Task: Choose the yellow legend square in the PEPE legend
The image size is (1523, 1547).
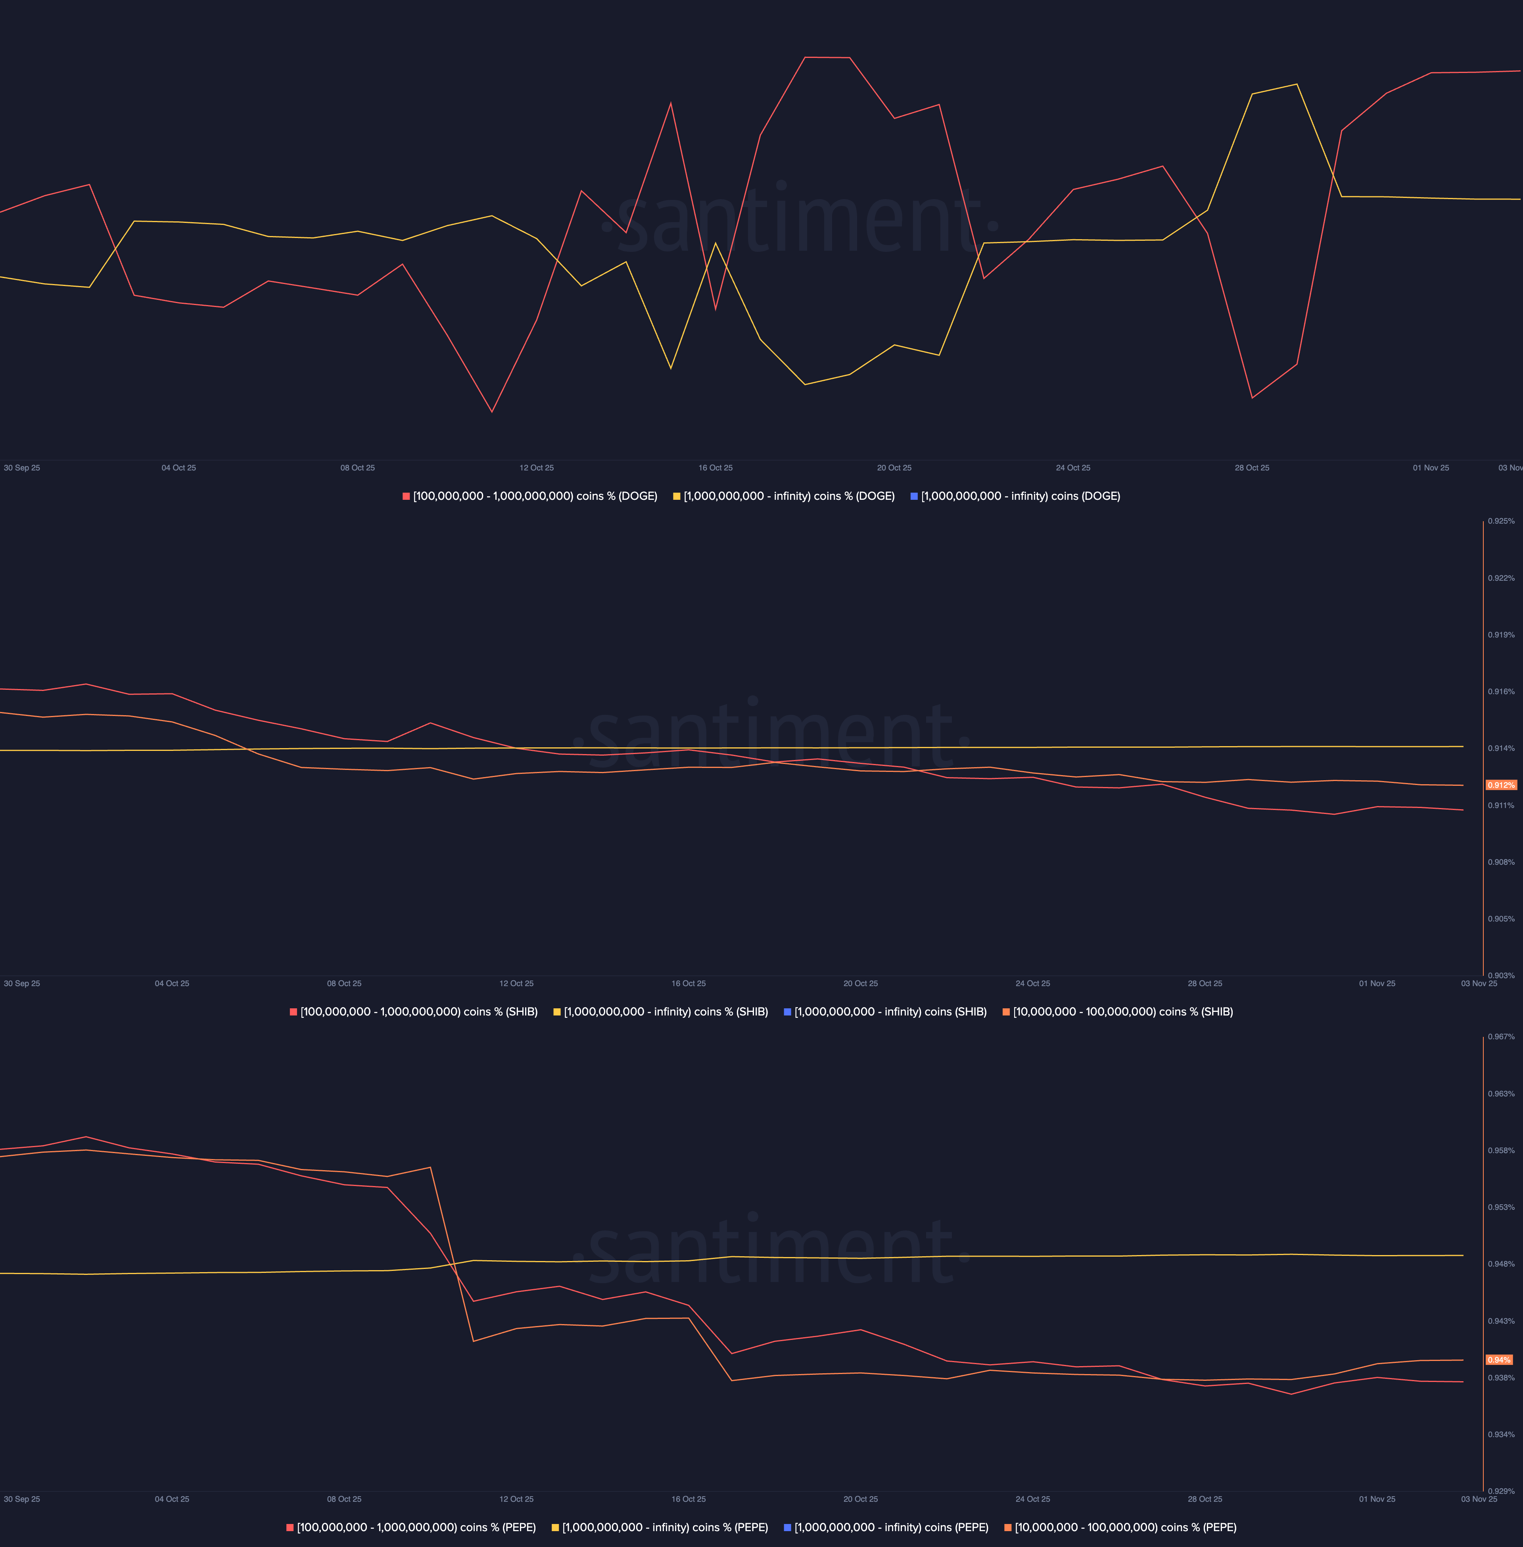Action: click(555, 1527)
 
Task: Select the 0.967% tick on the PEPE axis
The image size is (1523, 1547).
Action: click(1501, 1036)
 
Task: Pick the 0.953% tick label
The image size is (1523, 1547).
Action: click(1501, 1207)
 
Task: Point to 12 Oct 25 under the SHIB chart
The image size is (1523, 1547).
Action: click(516, 983)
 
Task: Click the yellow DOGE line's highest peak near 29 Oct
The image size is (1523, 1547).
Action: click(1297, 84)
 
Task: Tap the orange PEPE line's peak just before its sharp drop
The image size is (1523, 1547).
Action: click(430, 1167)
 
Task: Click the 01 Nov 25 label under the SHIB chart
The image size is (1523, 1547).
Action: click(1377, 983)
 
